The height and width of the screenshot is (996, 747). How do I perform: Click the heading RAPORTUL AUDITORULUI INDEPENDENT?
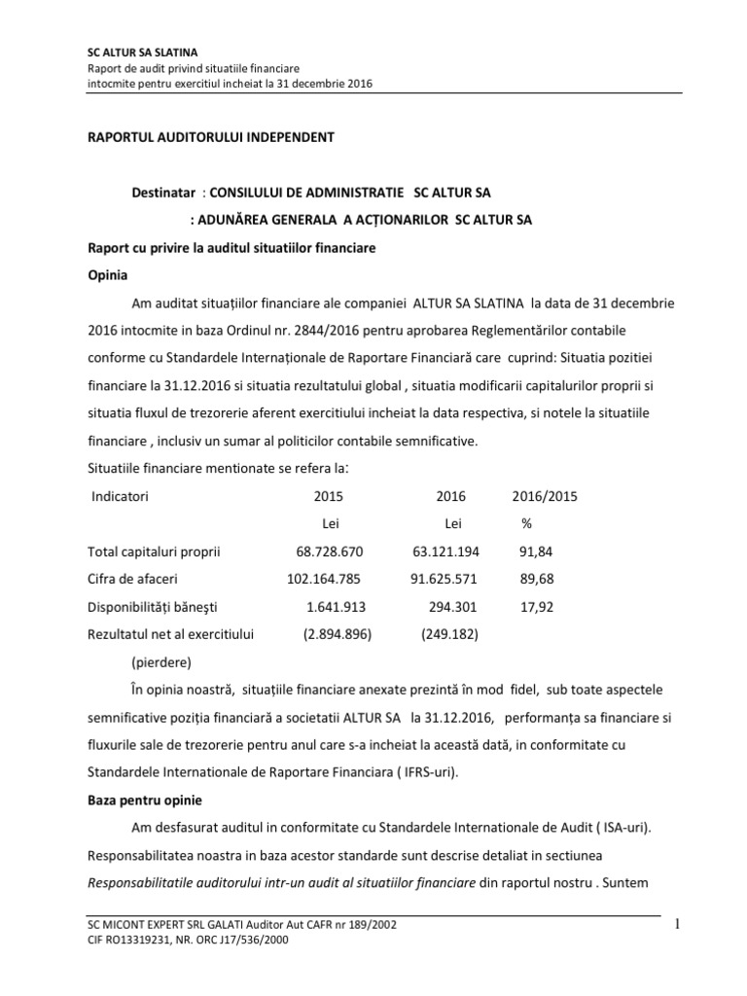pyautogui.click(x=211, y=137)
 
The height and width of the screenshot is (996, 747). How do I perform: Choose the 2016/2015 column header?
pyautogui.click(x=545, y=495)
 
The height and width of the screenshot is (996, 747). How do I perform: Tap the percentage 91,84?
pyautogui.click(x=535, y=552)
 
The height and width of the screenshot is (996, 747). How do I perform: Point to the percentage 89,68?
pyautogui.click(x=535, y=580)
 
